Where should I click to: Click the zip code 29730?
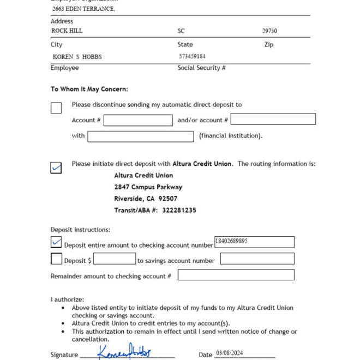tap(269, 31)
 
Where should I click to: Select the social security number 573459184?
tap(192, 56)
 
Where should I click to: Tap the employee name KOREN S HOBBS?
tap(77, 57)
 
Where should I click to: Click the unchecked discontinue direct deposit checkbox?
tap(56, 108)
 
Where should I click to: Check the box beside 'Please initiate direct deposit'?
tap(56, 167)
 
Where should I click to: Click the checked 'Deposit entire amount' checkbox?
tap(56, 242)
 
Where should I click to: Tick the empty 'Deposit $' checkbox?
tap(56, 259)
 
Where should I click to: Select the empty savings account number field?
tap(257, 259)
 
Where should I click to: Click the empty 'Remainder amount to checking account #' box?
tap(236, 275)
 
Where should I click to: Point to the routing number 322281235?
tap(179, 210)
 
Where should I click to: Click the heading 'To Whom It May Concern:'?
tap(89, 89)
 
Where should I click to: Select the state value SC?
tap(181, 31)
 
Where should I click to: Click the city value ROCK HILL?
tap(67, 31)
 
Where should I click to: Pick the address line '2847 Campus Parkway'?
tap(148, 187)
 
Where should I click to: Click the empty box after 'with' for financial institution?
tap(140, 136)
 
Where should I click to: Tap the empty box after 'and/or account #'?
tap(273, 119)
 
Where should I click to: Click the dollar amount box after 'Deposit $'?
tap(115, 259)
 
